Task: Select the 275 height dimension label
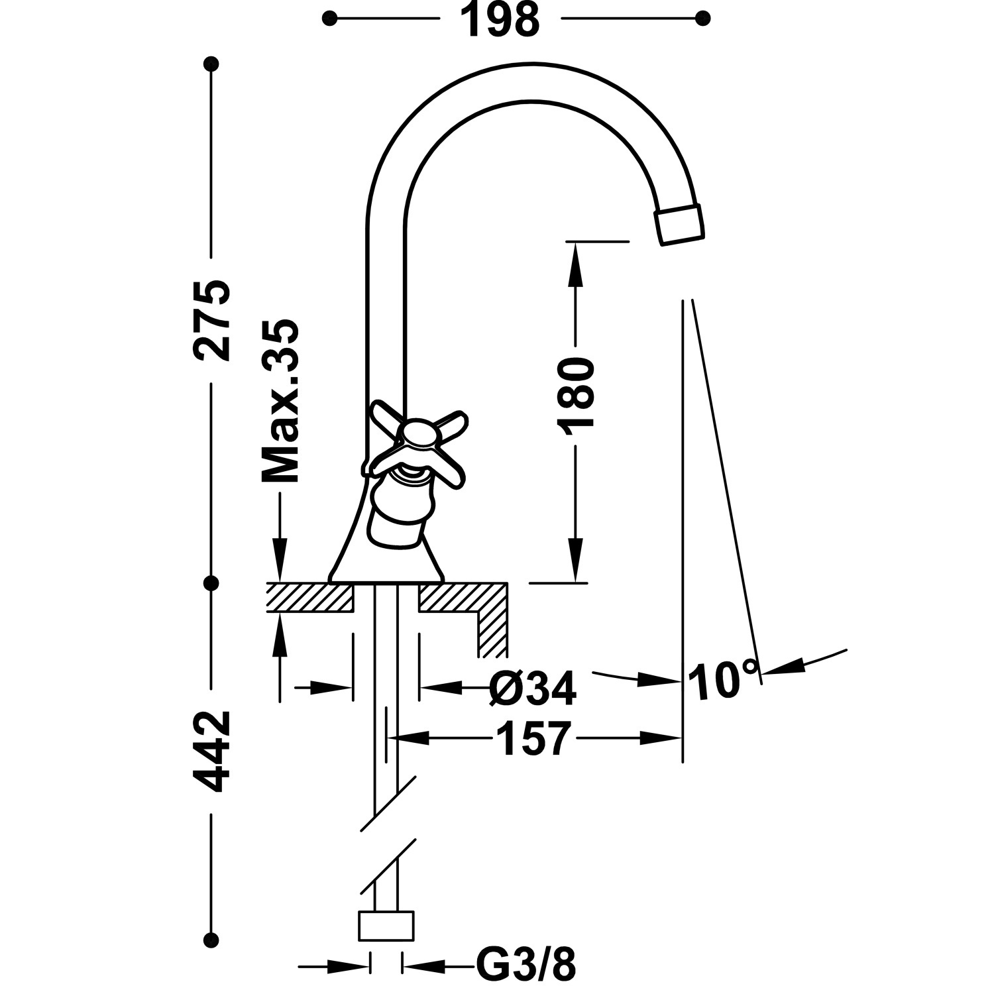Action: tap(212, 320)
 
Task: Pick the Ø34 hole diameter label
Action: tap(533, 689)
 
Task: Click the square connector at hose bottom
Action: tap(386, 926)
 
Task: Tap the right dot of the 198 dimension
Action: tap(704, 18)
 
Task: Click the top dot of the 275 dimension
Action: tap(211, 64)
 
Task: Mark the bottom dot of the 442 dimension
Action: tap(211, 939)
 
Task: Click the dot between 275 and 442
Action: tap(211, 583)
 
